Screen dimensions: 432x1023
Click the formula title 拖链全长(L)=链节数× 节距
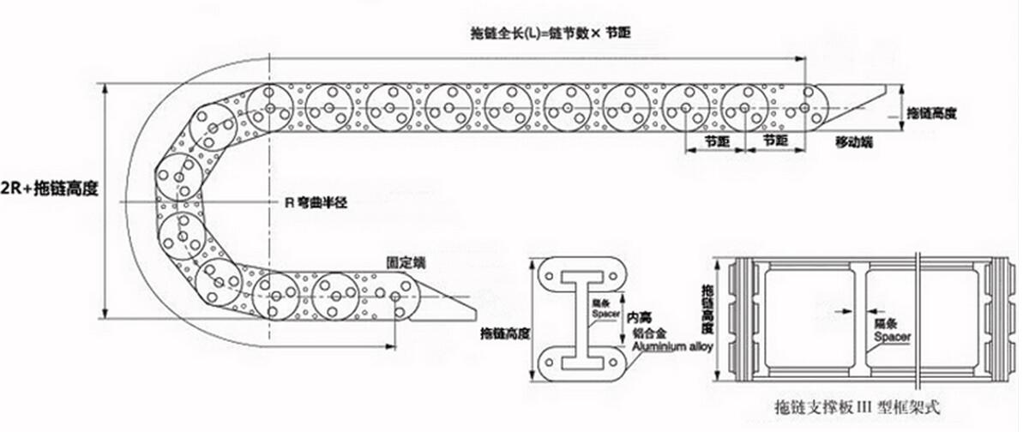click(x=555, y=33)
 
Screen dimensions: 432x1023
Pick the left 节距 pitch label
click(x=715, y=140)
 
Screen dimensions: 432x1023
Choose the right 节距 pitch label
click(x=775, y=140)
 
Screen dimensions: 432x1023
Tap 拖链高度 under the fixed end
click(x=505, y=333)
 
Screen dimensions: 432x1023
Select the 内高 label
click(x=638, y=316)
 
